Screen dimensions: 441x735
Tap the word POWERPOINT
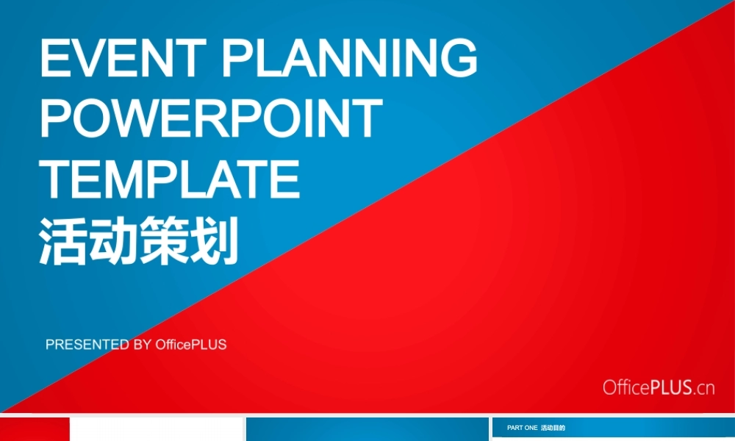pyautogui.click(x=212, y=119)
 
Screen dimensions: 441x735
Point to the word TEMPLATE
pyautogui.click(x=171, y=179)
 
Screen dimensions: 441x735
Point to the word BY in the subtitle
pyautogui.click(x=143, y=345)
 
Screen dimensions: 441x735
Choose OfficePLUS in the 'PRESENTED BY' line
pyautogui.click(x=191, y=345)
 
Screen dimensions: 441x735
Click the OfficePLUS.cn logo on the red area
pyautogui.click(x=659, y=387)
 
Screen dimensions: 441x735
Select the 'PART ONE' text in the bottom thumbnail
pyautogui.click(x=522, y=428)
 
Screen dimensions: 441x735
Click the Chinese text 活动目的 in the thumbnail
pyautogui.click(x=553, y=428)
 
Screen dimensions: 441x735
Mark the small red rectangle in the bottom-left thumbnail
pyautogui.click(x=35, y=429)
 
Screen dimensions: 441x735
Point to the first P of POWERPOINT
pyautogui.click(x=57, y=119)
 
